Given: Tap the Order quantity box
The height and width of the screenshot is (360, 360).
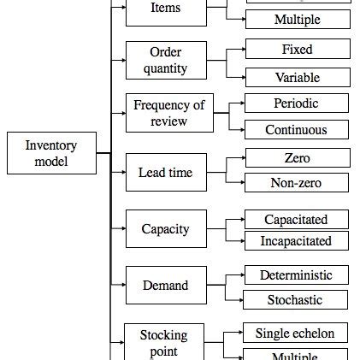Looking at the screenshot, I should (166, 60).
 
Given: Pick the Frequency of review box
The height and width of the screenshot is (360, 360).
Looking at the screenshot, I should (169, 113).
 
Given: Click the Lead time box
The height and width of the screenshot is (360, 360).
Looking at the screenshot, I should (166, 173).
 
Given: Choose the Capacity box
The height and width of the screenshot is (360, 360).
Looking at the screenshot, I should (166, 229).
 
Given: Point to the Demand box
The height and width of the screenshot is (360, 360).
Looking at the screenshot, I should (166, 286).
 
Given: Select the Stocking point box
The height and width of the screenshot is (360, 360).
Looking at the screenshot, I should (163, 341).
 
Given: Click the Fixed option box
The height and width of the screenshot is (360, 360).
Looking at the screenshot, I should (297, 50).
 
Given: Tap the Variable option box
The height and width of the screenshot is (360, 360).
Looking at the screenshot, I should (297, 78).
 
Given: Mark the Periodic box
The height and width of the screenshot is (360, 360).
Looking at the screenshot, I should (296, 103).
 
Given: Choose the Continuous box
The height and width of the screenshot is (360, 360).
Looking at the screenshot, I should (296, 130).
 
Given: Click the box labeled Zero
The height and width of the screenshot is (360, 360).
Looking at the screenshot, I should (297, 158).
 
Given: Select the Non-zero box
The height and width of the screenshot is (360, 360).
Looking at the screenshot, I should (297, 182).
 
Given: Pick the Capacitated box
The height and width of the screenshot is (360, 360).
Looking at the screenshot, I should (296, 220).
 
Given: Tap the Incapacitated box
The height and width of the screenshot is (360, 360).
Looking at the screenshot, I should (296, 241).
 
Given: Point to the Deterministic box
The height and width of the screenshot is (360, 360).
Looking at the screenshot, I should (296, 275).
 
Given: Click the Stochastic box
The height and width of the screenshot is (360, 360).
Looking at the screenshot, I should (296, 300).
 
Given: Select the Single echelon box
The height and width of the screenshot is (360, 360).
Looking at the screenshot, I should (296, 333).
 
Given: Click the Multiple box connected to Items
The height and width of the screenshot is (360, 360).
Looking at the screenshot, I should (297, 19).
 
